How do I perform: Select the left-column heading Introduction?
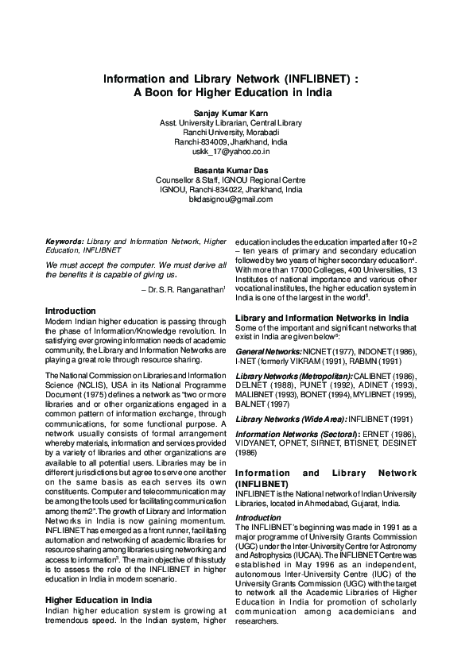coord(71,311)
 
